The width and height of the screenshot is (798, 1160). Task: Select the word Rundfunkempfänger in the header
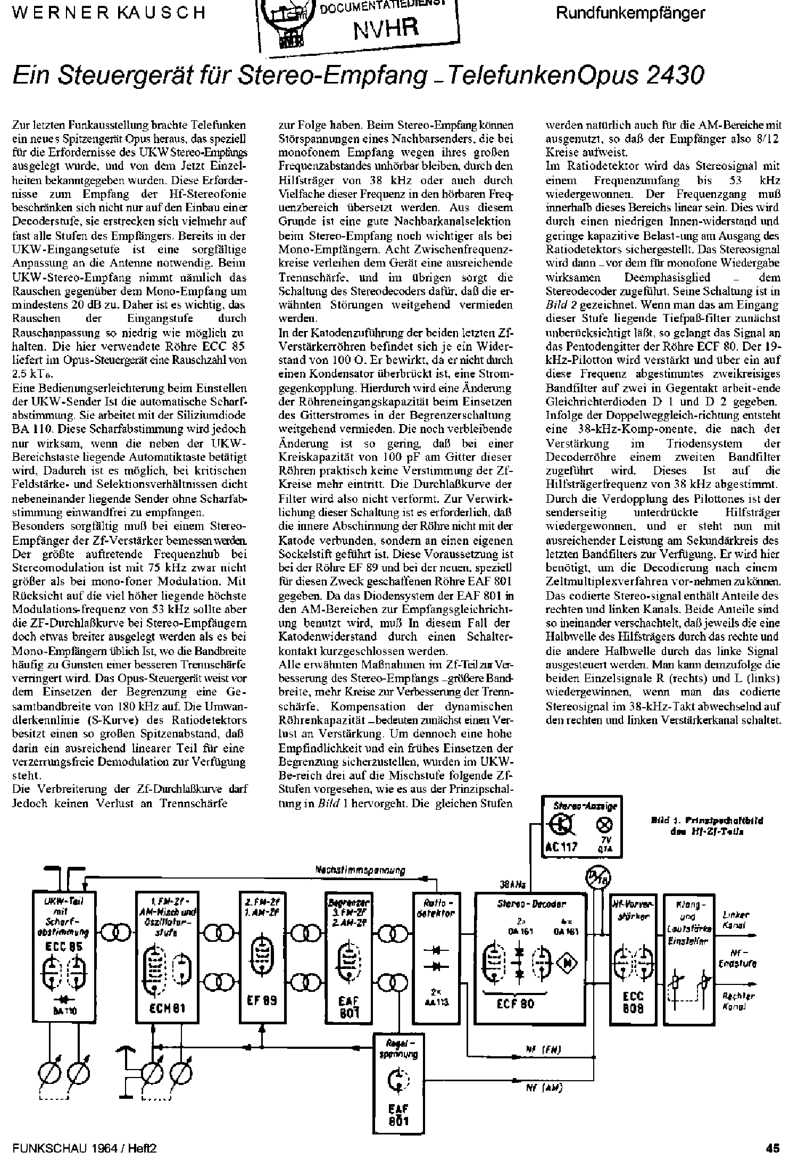click(x=630, y=13)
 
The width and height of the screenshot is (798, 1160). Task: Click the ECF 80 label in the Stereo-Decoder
click(x=515, y=1004)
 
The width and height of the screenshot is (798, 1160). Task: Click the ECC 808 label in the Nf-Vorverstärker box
click(x=633, y=1002)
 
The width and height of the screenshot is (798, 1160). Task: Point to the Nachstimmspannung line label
click(x=360, y=871)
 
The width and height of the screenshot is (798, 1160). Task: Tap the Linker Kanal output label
click(x=736, y=920)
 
